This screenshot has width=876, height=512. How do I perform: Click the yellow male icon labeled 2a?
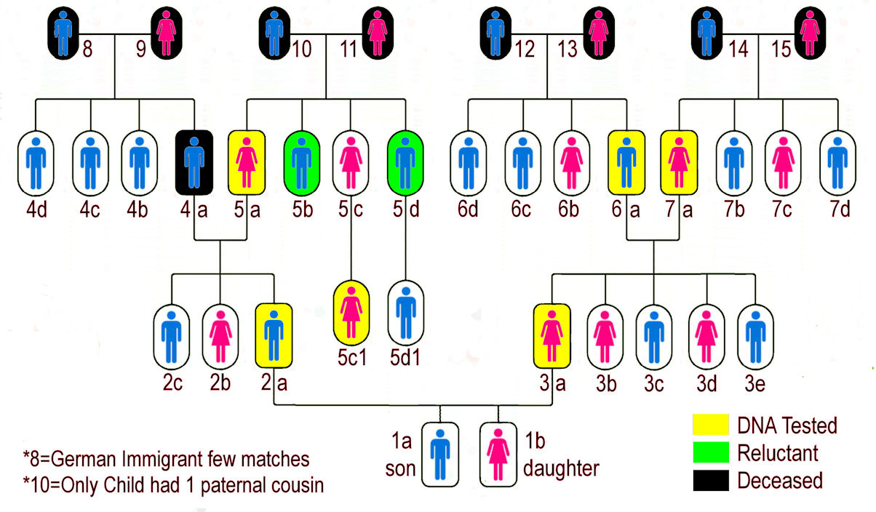point(274,335)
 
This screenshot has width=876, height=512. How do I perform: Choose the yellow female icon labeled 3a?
point(552,335)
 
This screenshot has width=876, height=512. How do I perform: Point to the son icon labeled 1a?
point(440,455)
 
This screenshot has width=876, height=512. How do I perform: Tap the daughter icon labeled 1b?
point(498,455)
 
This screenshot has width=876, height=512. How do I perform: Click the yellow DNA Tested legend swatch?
point(709,425)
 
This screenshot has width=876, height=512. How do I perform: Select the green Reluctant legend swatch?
point(709,452)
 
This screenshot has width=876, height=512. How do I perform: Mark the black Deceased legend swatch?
point(709,480)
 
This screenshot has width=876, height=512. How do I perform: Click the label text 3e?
point(755,384)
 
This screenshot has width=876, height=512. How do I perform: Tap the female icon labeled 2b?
point(220,335)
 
